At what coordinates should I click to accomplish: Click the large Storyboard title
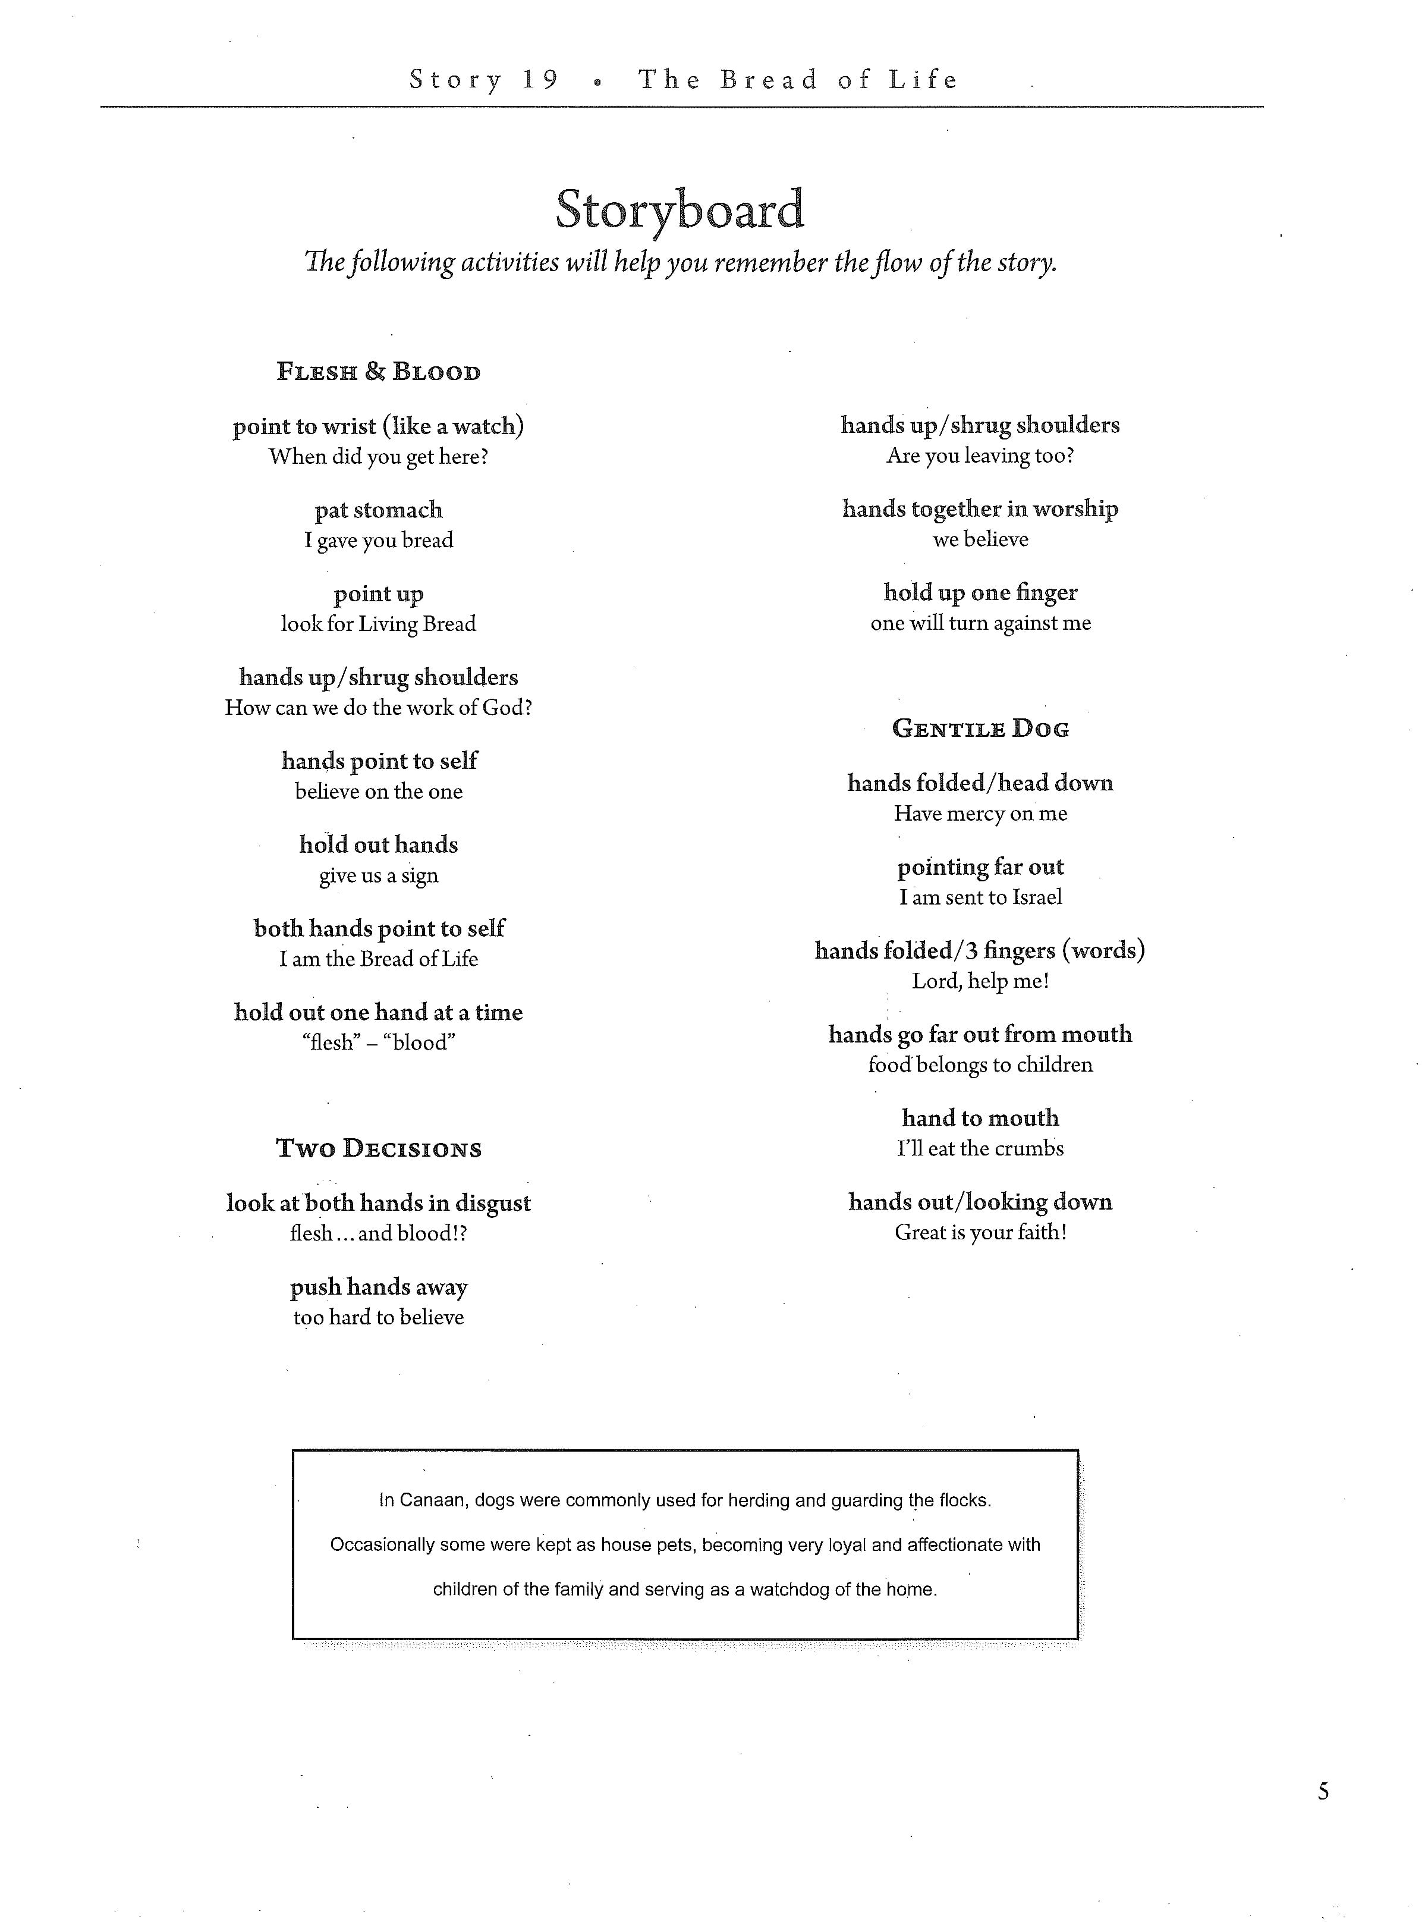click(x=680, y=210)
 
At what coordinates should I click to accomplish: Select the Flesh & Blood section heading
click(x=378, y=372)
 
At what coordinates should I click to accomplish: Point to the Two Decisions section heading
click(x=378, y=1148)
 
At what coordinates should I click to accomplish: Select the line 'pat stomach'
click(x=378, y=510)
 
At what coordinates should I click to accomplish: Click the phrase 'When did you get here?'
click(x=378, y=457)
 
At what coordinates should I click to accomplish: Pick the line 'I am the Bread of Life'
click(x=378, y=959)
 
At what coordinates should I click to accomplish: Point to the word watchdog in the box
click(x=788, y=1590)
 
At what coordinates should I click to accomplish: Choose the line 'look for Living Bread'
click(x=378, y=624)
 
